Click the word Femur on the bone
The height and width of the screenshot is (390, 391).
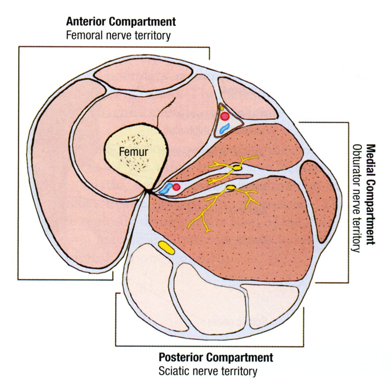click(x=133, y=152)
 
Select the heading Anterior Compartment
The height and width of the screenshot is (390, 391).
click(x=121, y=22)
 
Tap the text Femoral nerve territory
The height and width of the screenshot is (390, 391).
click(x=118, y=36)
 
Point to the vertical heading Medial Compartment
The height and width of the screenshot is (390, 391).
click(x=371, y=194)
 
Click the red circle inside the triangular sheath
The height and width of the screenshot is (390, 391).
click(x=225, y=116)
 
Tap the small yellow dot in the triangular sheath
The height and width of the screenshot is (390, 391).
click(x=222, y=108)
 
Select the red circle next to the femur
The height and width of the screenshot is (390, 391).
click(x=177, y=187)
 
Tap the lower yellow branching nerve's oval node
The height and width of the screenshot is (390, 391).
click(x=231, y=188)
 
